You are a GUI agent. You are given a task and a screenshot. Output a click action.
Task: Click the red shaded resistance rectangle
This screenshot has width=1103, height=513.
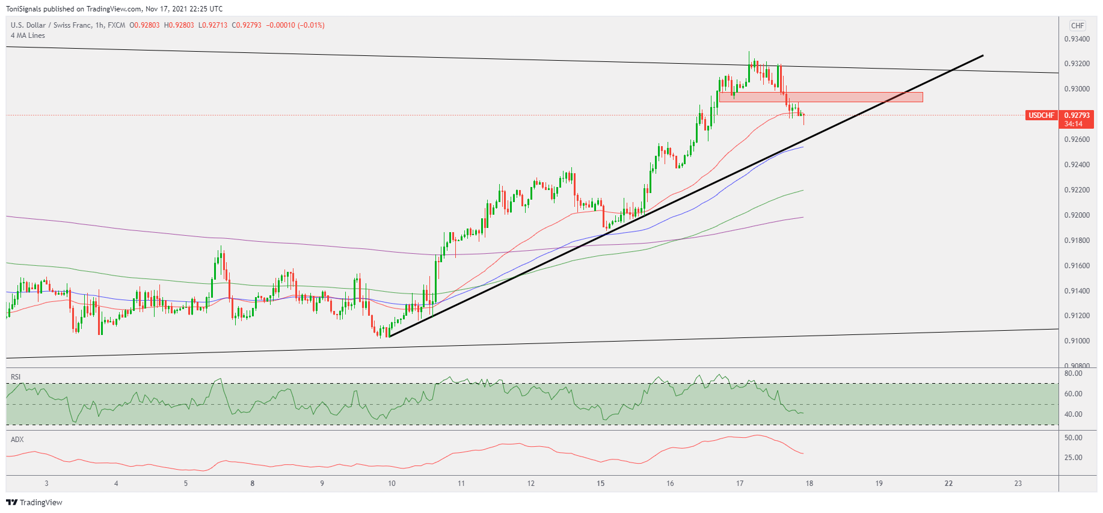[821, 97]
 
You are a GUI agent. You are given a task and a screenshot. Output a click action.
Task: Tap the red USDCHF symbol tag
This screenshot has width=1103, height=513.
[1042, 115]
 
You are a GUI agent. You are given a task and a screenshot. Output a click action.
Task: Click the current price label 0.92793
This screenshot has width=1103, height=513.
[1077, 115]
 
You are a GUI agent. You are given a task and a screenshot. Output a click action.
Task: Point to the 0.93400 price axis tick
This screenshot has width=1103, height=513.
[1077, 39]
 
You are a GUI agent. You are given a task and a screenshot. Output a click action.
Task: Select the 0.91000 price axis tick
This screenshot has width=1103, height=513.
[1077, 341]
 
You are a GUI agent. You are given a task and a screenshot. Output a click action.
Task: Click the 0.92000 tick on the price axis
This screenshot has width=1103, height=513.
[1077, 215]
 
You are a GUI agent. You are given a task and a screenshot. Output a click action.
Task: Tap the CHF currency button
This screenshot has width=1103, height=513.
[1077, 26]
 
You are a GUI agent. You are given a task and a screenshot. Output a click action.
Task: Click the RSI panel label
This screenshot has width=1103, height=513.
[16, 377]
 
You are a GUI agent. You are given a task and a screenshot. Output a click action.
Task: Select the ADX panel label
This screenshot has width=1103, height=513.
[17, 440]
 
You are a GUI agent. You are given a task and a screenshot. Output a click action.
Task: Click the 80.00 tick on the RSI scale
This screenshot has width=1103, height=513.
[1073, 373]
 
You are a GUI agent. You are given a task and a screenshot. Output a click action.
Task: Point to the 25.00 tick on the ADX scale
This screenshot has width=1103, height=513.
[1073, 458]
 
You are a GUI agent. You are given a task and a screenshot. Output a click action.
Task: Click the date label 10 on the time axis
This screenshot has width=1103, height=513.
[392, 484]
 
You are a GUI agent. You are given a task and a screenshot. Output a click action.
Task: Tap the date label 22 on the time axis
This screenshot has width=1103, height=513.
[948, 484]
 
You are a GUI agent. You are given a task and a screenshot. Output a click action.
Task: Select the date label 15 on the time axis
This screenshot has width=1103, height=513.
[600, 484]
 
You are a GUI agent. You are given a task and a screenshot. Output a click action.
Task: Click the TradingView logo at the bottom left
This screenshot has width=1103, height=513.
[34, 503]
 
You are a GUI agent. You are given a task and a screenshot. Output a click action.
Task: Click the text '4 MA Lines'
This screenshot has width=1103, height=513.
[28, 35]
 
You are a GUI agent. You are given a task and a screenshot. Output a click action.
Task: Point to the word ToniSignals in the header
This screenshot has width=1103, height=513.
[23, 9]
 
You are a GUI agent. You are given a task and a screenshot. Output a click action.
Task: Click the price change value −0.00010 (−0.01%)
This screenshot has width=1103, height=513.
[295, 25]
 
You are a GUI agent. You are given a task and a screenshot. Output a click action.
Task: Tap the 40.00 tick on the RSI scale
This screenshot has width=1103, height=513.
[1073, 414]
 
